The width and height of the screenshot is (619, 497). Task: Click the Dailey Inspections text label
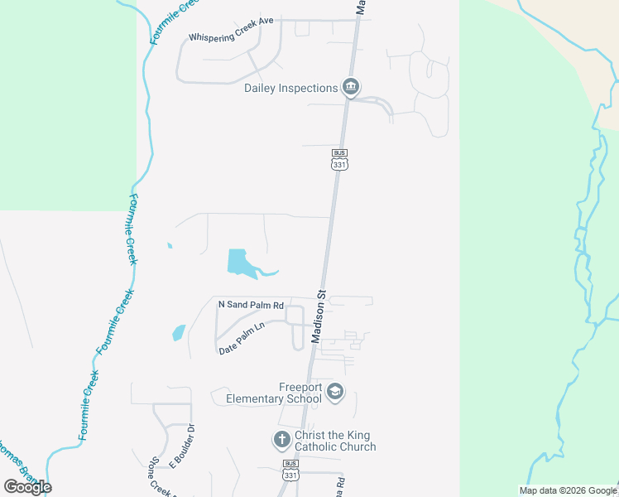coord(290,88)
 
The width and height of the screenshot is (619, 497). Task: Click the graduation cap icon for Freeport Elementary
coord(335,392)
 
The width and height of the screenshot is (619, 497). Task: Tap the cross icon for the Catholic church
coord(281,438)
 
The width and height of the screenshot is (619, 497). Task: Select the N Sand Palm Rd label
coord(251,305)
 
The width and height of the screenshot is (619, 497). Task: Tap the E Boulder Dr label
coord(185,446)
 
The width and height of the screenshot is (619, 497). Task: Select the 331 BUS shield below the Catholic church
coord(290,470)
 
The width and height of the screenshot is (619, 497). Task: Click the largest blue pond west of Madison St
coord(241,263)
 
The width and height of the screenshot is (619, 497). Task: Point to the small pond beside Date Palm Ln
coord(179,333)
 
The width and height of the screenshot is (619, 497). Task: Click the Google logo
coord(27,486)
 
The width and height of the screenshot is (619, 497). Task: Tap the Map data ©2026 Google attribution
coord(568,490)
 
